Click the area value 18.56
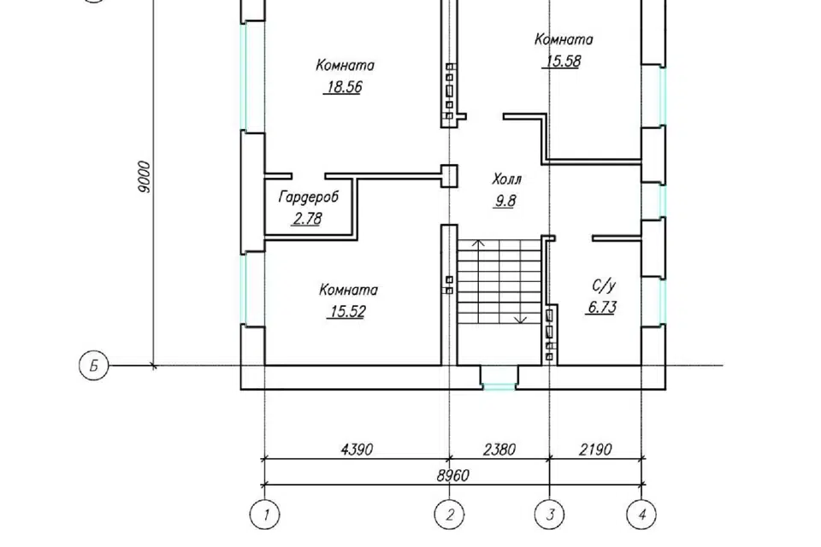click(345, 87)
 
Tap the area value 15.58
click(564, 62)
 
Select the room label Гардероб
click(309, 197)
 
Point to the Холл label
click(507, 179)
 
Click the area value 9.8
click(505, 201)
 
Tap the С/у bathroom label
click(604, 285)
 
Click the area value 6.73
click(601, 308)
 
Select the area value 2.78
click(307, 219)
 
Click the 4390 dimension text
click(357, 450)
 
